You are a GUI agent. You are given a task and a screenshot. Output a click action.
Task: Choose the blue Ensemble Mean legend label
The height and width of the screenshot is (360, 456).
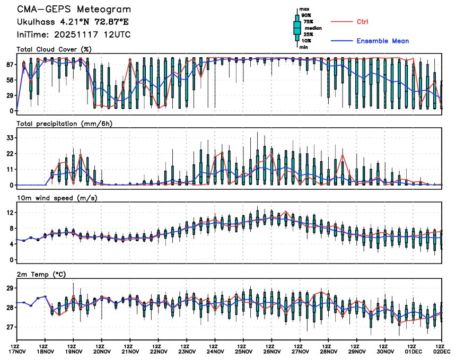[x=382, y=41]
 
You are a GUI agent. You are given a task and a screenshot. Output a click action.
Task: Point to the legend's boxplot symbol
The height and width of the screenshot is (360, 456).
[x=297, y=28]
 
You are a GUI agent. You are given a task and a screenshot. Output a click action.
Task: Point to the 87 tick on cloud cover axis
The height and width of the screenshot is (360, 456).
[x=10, y=65]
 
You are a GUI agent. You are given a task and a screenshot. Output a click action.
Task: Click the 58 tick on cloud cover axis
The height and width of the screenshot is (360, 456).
[x=10, y=80]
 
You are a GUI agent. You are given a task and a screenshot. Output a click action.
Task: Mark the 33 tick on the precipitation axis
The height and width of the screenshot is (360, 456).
[x=10, y=138]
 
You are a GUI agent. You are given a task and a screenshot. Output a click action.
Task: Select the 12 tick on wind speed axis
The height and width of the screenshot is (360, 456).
[x=10, y=213]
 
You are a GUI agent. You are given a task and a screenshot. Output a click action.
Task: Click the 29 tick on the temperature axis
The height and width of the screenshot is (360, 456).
[x=10, y=288]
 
